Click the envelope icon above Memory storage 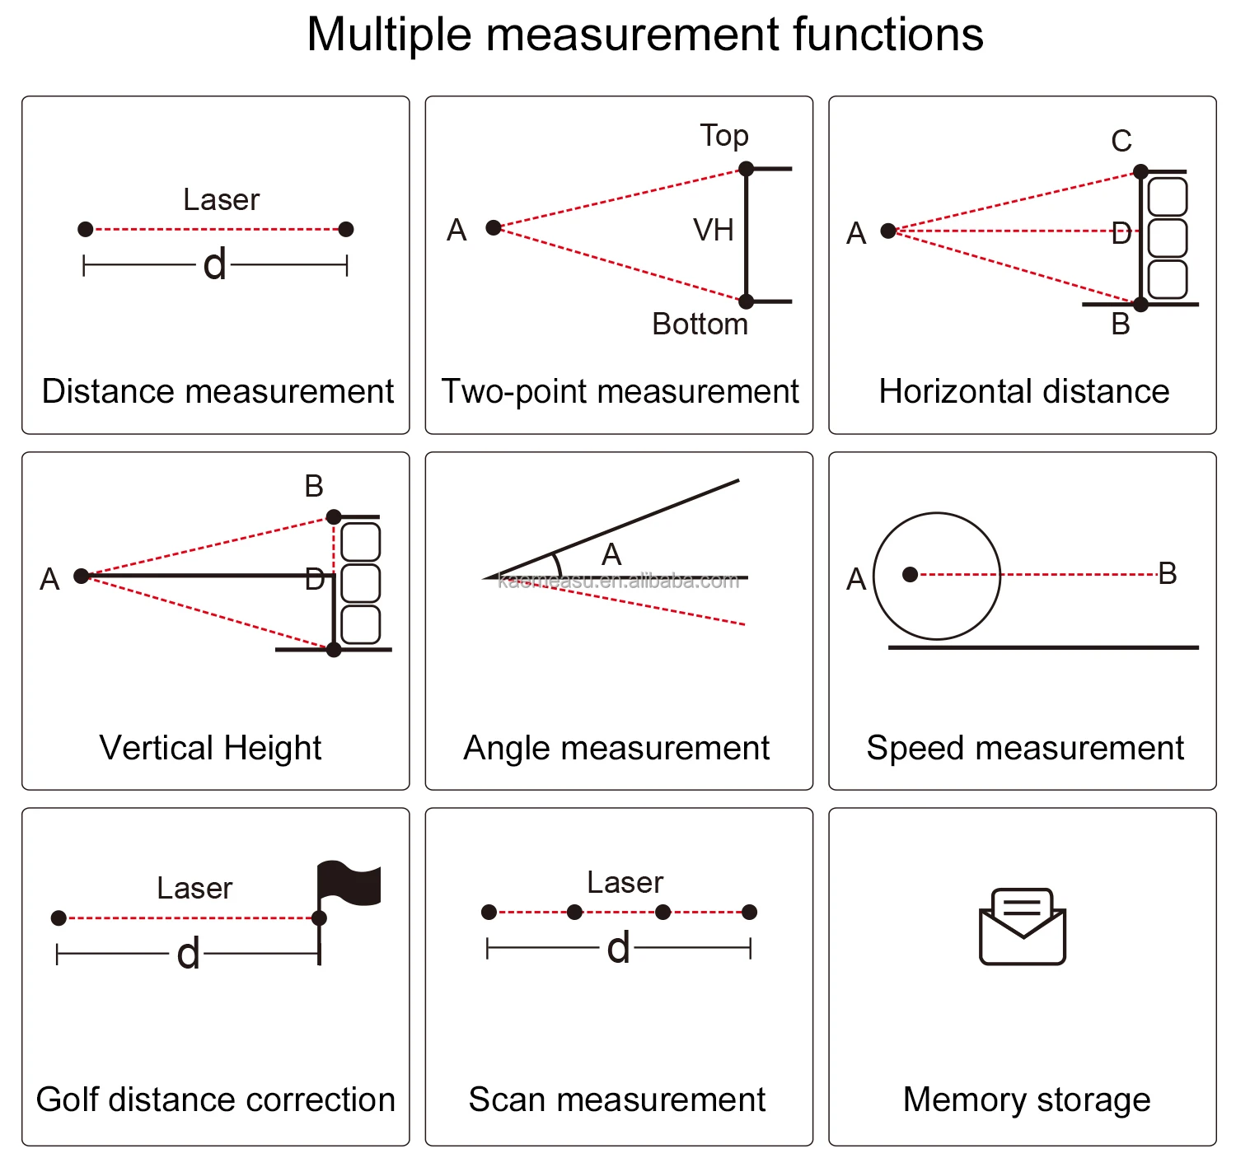point(1023,927)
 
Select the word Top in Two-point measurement point(724,136)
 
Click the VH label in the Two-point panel point(714,231)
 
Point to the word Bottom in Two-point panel point(700,325)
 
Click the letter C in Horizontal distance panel point(1121,142)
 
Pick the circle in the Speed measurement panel point(937,576)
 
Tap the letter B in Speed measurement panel point(1168,574)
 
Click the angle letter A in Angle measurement point(611,555)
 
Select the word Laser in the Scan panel point(625,883)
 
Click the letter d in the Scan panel point(618,949)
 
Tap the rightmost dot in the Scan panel point(749,912)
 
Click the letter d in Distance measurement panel point(214,265)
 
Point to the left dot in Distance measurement point(86,229)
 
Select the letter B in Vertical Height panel point(314,487)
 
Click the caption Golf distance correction point(216,1100)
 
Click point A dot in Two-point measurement point(494,227)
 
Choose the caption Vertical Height point(210,748)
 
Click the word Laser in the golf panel point(194,889)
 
